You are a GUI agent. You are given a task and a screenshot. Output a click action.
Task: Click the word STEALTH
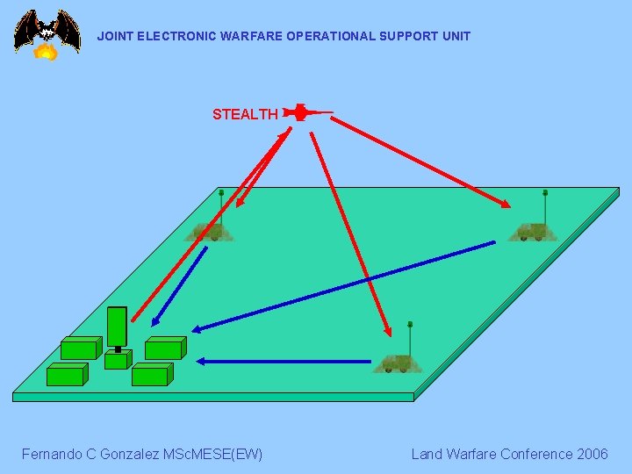245,114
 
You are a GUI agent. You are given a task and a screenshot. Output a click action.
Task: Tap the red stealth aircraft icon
302,112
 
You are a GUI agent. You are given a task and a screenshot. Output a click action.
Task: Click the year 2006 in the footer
592,454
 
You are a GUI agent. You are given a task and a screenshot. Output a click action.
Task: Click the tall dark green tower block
117,327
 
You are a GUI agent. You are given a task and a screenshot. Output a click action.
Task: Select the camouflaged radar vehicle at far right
531,231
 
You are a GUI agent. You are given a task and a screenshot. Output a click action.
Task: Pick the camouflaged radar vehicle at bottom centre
397,363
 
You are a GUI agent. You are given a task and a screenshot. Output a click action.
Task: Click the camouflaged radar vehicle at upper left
209,231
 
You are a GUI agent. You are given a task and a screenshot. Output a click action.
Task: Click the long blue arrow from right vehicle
342,287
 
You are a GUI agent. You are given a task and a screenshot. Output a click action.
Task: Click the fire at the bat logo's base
46,53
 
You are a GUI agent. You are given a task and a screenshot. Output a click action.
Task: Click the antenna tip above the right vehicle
545,191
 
